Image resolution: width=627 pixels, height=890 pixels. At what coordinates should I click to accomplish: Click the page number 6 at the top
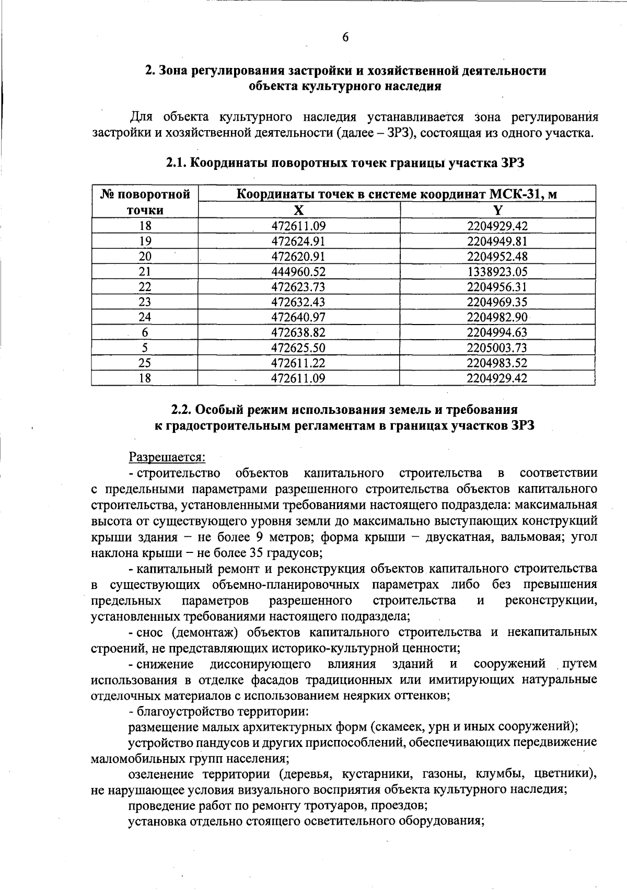click(x=345, y=37)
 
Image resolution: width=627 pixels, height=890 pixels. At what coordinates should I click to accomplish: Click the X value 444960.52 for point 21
click(x=298, y=272)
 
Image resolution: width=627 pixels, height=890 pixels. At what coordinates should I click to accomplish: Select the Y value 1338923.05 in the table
click(x=497, y=272)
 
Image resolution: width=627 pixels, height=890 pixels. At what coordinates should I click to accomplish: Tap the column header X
click(x=298, y=211)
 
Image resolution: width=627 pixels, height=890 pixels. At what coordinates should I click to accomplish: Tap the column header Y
click(x=497, y=211)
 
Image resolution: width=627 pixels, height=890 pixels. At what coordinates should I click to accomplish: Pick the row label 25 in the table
click(x=145, y=363)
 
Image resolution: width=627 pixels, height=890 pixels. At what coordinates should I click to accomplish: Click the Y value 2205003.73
click(x=497, y=348)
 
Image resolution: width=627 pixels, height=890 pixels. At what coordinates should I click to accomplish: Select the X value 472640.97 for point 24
click(x=298, y=317)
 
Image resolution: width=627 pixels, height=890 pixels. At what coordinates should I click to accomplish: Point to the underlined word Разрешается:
click(x=167, y=457)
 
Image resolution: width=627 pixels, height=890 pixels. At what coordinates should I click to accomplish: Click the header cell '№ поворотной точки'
click(x=145, y=203)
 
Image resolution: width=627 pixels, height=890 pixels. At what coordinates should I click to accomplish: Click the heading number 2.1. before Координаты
click(x=177, y=163)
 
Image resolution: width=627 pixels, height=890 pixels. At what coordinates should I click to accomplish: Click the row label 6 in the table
click(x=145, y=333)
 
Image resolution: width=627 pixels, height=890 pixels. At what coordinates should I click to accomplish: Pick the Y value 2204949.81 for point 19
click(x=497, y=241)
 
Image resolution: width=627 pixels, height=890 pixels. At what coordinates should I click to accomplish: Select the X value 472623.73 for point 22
click(x=298, y=287)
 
